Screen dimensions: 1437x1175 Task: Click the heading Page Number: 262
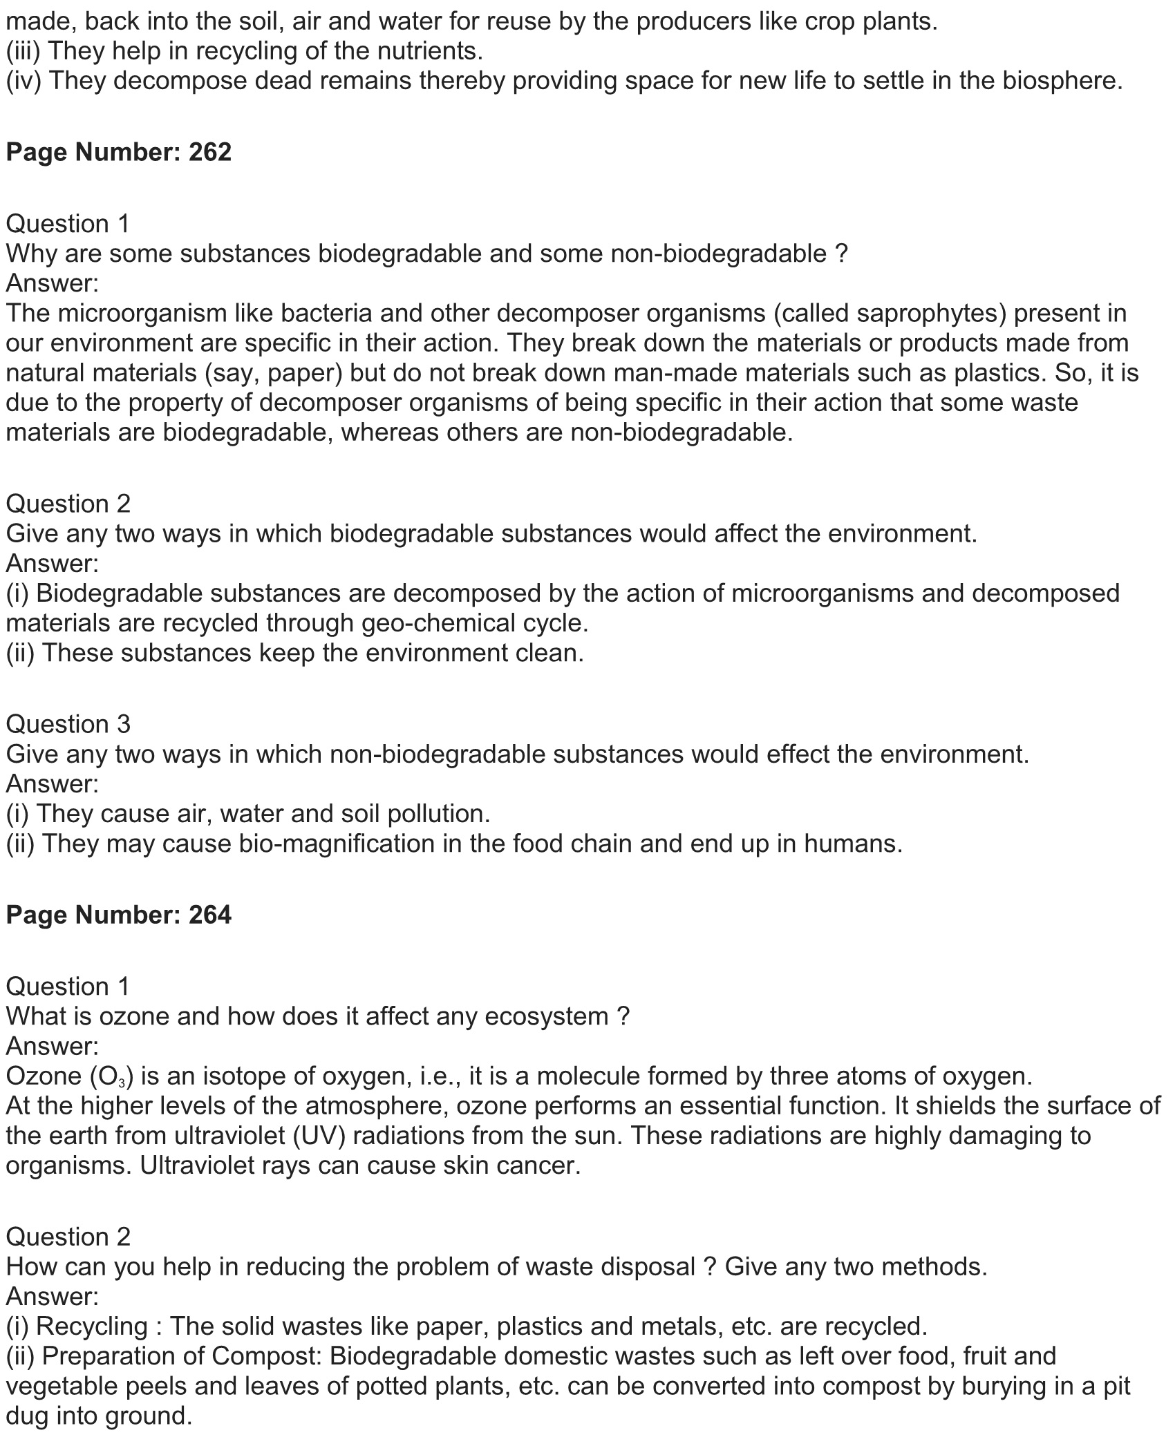click(118, 152)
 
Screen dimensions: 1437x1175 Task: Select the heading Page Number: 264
click(118, 915)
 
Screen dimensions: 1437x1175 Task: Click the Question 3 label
click(68, 724)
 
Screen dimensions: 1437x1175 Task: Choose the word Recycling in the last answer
click(92, 1326)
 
